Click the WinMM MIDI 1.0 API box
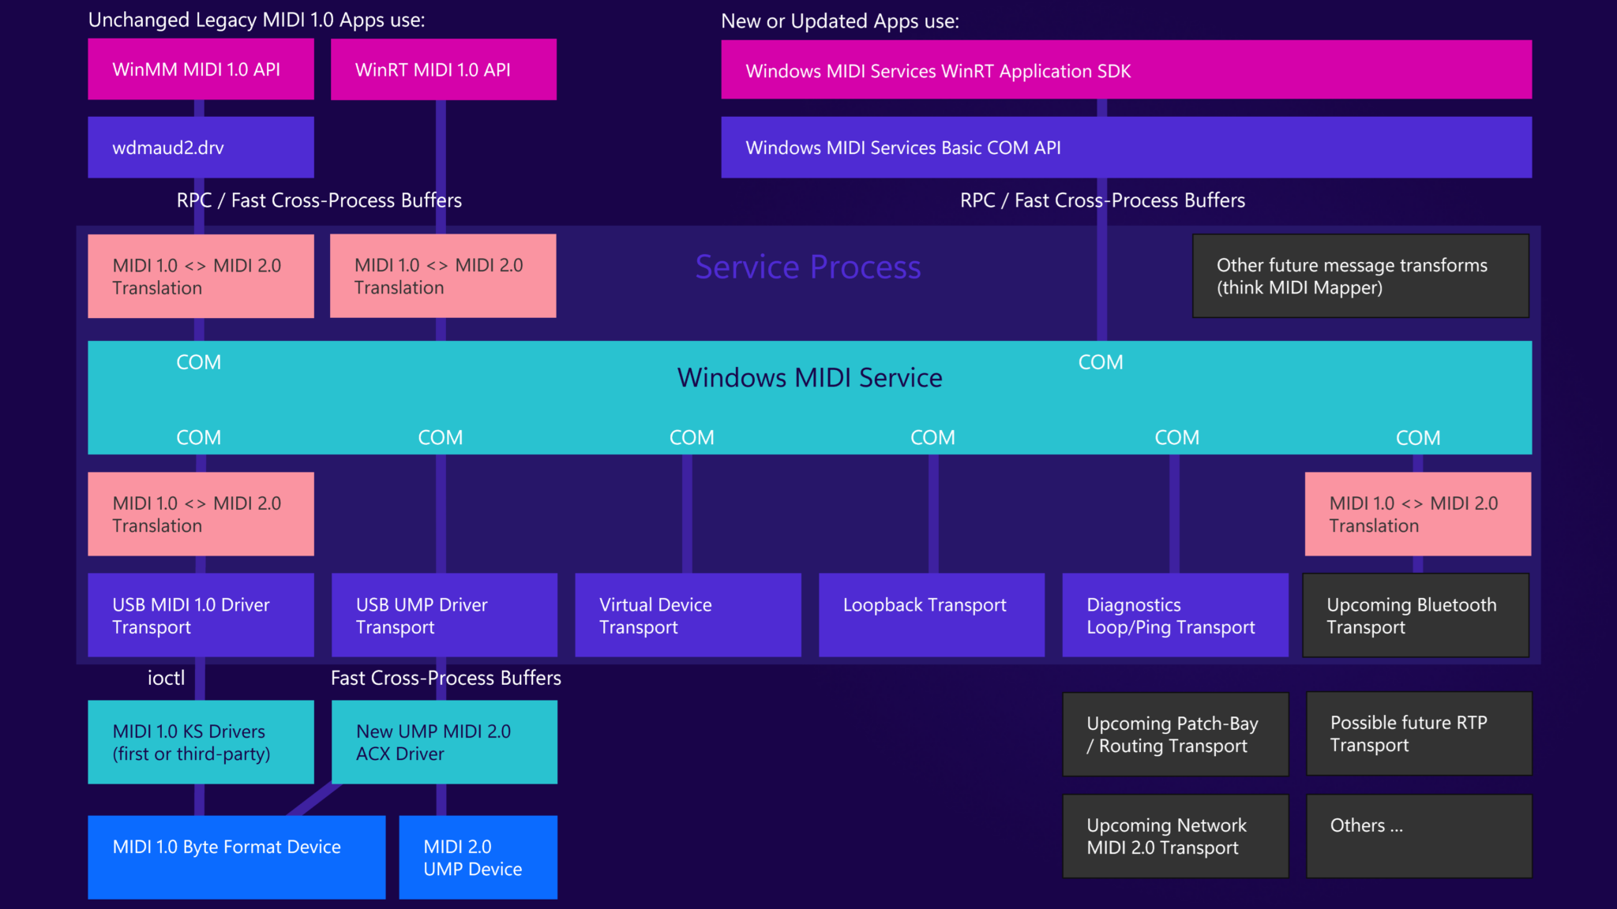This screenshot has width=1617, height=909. (x=201, y=69)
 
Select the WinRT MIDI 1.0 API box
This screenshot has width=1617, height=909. (x=443, y=69)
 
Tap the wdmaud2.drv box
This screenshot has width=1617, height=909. (x=201, y=148)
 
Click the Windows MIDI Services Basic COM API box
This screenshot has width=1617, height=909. (x=1126, y=148)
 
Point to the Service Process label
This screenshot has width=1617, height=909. (x=808, y=267)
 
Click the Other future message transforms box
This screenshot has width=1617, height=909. (x=1360, y=276)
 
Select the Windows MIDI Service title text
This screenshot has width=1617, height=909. (x=809, y=378)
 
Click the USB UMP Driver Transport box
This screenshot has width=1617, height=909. (x=444, y=615)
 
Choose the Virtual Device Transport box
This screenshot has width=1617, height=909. (x=688, y=615)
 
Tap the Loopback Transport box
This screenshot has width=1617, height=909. (x=931, y=615)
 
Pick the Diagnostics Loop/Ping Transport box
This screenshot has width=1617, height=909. (x=1175, y=615)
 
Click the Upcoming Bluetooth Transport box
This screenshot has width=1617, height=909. (x=1416, y=615)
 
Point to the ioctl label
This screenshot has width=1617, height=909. (x=166, y=678)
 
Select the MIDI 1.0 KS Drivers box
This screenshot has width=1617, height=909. (x=201, y=743)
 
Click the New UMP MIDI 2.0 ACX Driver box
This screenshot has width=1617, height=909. (x=444, y=743)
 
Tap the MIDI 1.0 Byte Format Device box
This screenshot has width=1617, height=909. (x=236, y=857)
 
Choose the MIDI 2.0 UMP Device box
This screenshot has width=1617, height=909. (x=478, y=857)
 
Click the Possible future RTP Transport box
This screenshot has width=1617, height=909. (x=1419, y=734)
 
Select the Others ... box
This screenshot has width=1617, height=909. (x=1419, y=836)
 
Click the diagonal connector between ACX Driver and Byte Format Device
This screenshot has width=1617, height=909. (x=314, y=799)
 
